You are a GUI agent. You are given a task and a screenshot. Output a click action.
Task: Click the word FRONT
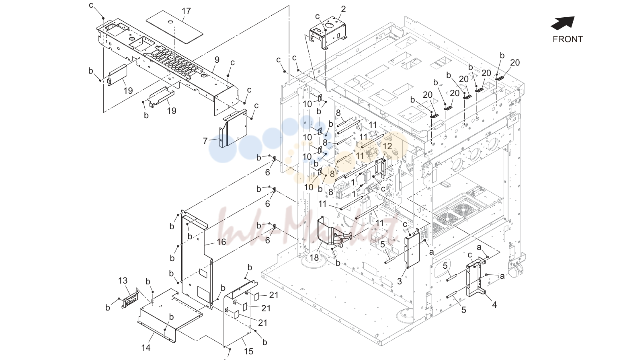pyautogui.click(x=568, y=39)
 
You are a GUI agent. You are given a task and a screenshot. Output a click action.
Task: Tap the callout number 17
pyautogui.click(x=186, y=11)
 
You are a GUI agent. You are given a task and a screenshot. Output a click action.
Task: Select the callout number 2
pyautogui.click(x=343, y=9)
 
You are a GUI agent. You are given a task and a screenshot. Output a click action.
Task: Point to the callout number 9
pyautogui.click(x=217, y=60)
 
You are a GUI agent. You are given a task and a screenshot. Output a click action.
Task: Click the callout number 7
pyautogui.click(x=205, y=141)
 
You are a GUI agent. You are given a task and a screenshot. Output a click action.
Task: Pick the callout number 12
pyautogui.click(x=387, y=146)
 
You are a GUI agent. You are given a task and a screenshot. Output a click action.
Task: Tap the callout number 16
pyautogui.click(x=221, y=242)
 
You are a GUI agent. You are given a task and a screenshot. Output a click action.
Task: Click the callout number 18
pyautogui.click(x=314, y=258)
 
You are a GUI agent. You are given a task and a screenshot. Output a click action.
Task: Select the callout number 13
pyautogui.click(x=123, y=281)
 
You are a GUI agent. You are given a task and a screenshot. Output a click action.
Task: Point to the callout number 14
pyautogui.click(x=146, y=348)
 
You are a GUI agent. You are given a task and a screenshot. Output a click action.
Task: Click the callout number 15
pyautogui.click(x=248, y=351)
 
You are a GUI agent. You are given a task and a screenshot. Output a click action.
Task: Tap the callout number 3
pyautogui.click(x=399, y=282)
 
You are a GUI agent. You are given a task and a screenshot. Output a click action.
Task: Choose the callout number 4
pyautogui.click(x=494, y=305)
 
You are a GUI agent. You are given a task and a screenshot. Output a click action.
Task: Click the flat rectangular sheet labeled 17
pyautogui.click(x=174, y=27)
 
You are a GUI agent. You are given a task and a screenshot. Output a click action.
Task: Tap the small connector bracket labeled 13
pyautogui.click(x=130, y=298)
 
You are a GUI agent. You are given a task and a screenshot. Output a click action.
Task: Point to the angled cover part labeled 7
pyautogui.click(x=233, y=129)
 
